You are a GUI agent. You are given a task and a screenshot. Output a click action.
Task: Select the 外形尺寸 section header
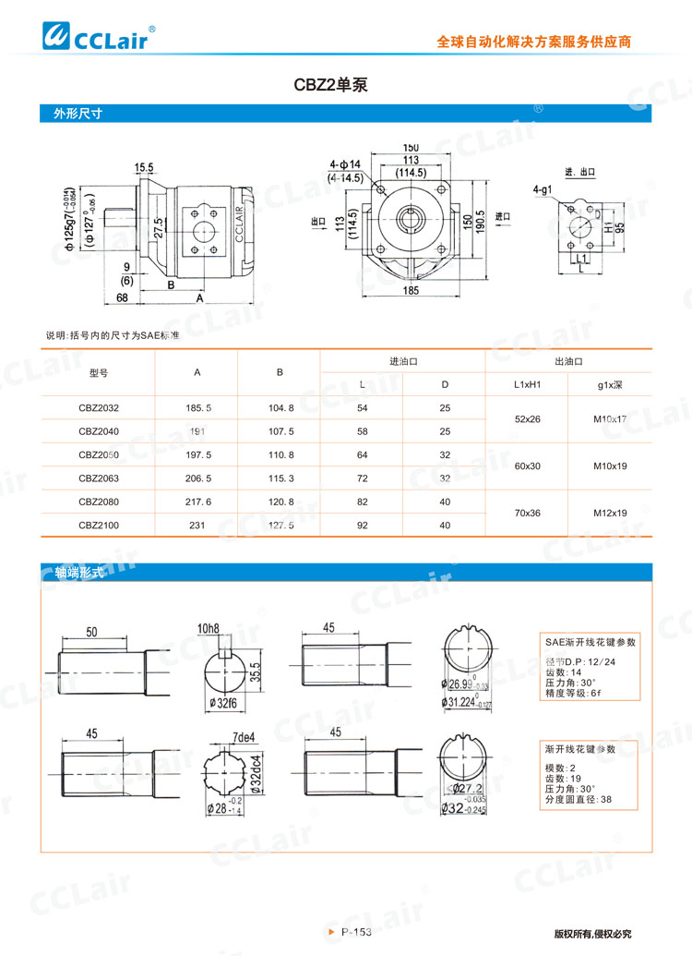point(77,115)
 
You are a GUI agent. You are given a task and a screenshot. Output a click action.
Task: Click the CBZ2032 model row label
point(99,407)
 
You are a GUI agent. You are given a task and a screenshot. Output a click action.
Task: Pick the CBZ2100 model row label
point(99,525)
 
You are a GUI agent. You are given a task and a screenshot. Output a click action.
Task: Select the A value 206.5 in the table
point(198,478)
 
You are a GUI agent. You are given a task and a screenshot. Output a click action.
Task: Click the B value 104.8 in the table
point(280,407)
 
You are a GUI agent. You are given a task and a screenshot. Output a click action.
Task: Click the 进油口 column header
point(404,361)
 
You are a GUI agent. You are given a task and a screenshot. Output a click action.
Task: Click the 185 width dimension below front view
point(412,291)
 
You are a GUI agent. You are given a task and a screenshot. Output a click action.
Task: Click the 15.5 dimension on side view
point(144,167)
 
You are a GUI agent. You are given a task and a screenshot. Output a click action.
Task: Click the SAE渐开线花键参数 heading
point(591,641)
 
